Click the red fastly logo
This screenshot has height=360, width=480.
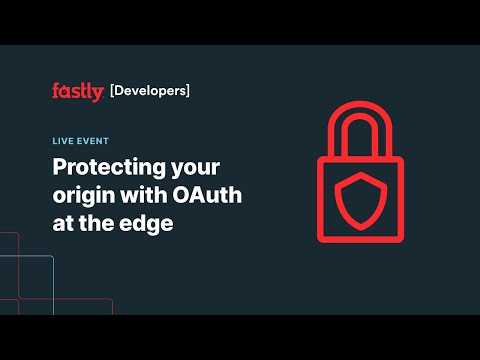(78, 92)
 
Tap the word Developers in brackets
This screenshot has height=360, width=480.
(149, 91)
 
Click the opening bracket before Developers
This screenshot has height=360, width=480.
(111, 91)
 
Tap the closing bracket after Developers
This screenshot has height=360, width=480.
(187, 91)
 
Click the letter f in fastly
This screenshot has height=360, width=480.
(56, 91)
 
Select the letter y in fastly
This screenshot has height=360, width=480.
(97, 94)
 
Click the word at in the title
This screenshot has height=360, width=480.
(67, 223)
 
